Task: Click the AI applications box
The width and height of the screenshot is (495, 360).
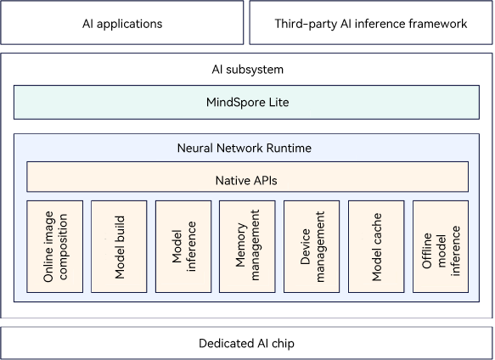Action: (x=122, y=22)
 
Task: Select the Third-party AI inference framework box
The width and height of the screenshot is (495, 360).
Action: (x=371, y=22)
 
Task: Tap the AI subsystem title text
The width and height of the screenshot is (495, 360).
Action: (x=248, y=70)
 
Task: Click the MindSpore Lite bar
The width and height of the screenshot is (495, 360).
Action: (x=246, y=103)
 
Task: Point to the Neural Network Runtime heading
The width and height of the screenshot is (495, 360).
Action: (x=245, y=148)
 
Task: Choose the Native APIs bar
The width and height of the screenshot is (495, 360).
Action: (x=248, y=177)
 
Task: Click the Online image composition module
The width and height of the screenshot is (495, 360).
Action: (x=55, y=246)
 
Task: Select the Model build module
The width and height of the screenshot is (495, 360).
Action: (x=119, y=246)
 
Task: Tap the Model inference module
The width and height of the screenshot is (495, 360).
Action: (x=183, y=246)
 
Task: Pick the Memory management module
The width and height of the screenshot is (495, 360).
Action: (x=247, y=246)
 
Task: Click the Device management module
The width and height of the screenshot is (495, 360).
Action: (x=312, y=246)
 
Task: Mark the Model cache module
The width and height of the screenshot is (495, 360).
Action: (x=376, y=246)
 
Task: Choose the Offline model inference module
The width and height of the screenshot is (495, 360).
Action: (x=441, y=246)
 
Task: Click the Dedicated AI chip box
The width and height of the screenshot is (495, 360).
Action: (x=246, y=343)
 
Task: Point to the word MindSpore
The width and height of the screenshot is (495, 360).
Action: (x=232, y=103)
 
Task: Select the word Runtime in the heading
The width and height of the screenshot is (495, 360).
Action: (x=289, y=148)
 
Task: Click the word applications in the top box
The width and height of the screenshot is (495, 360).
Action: (x=129, y=25)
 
